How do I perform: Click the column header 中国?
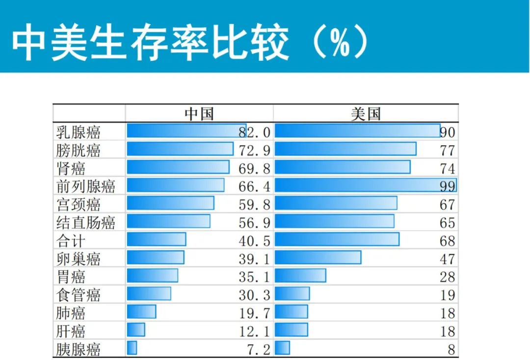[199, 114]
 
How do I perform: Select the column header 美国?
[366, 114]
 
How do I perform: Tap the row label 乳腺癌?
[79, 132]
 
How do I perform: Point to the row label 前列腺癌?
[86, 186]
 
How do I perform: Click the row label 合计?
[71, 241]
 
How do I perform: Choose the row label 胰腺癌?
[79, 350]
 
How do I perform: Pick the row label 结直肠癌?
[86, 223]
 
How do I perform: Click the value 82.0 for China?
[254, 132]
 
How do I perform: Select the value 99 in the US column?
[448, 186]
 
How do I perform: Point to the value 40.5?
[254, 241]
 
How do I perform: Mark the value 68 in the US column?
[448, 241]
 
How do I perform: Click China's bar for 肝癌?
[136, 330]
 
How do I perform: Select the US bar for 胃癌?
[300, 276]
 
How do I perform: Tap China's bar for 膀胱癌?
[180, 149]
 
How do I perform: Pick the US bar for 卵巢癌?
[318, 257]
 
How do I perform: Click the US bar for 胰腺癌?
[282, 348]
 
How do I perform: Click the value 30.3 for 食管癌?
[254, 295]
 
